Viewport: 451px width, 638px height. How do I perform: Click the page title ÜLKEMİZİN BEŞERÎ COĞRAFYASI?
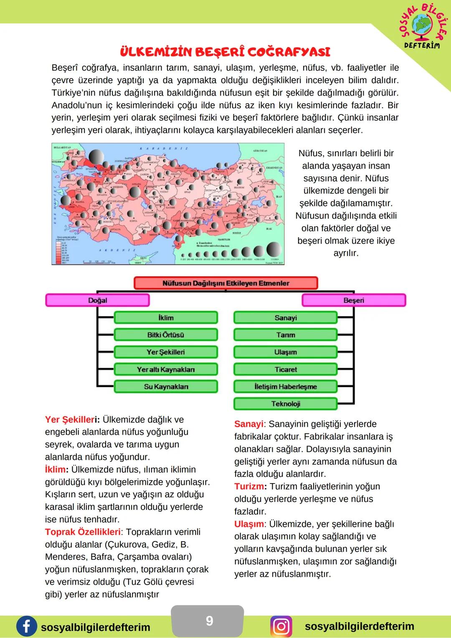tap(225, 52)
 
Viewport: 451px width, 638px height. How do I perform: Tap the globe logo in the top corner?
tap(423, 25)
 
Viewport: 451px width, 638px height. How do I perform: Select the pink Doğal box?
tap(97, 300)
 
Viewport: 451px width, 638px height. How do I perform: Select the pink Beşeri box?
tap(353, 300)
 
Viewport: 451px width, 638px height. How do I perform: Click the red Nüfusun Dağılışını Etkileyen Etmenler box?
tap(225, 283)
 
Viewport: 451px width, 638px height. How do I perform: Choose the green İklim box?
tap(166, 318)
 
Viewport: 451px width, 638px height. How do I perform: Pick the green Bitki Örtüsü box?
tap(166, 335)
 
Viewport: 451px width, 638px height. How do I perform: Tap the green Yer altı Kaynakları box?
tap(166, 370)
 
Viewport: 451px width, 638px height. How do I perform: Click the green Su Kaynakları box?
tap(166, 387)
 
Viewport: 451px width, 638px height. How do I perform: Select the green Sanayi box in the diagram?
tap(286, 318)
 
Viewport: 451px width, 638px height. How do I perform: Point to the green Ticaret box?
tap(286, 370)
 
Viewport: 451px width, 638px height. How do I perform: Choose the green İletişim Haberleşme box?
tap(286, 387)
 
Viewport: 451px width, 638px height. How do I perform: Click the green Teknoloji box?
tap(286, 404)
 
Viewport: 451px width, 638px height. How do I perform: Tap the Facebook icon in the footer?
tap(26, 627)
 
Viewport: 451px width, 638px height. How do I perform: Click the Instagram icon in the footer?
tap(281, 627)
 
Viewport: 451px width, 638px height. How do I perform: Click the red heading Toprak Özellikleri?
tap(83, 532)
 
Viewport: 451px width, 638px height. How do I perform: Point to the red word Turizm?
tap(249, 486)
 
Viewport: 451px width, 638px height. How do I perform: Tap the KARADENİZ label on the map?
tap(164, 148)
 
